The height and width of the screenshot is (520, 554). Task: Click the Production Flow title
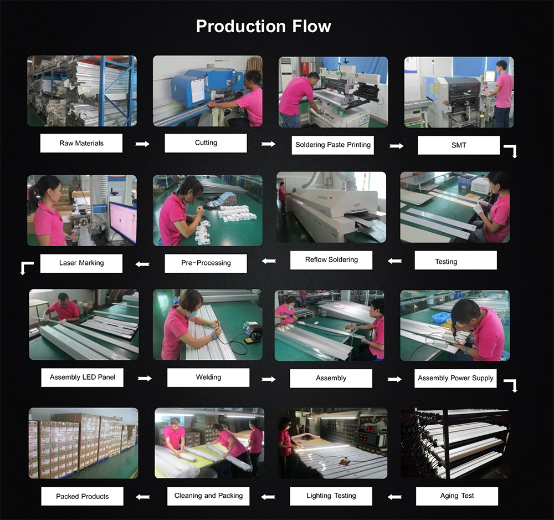[264, 27]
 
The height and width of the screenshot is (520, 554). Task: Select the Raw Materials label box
[81, 143]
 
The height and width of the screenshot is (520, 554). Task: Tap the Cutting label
[206, 143]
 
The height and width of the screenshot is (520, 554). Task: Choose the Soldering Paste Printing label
[332, 145]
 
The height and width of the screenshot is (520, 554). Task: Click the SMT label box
[459, 145]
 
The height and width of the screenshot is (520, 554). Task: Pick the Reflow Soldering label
[331, 260]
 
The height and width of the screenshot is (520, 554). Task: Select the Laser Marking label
[81, 263]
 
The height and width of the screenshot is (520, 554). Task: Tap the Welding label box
[208, 378]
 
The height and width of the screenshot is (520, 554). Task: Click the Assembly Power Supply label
[455, 378]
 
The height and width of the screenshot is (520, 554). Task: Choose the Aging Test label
[457, 496]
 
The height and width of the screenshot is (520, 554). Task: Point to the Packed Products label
[83, 496]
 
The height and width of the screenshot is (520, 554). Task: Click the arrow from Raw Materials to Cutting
[142, 144]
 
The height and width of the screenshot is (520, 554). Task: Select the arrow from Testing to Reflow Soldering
[394, 261]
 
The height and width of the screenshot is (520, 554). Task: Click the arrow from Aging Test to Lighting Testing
[394, 497]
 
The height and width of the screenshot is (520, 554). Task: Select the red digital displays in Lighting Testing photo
[368, 434]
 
